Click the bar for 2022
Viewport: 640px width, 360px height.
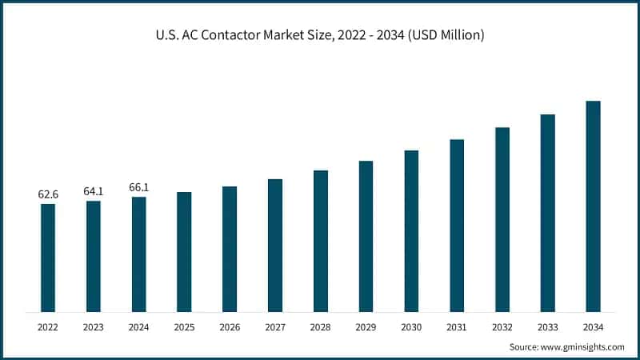click(48, 258)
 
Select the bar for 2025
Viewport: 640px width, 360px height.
click(184, 252)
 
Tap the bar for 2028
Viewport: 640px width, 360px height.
click(321, 241)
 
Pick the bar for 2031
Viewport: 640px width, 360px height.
click(457, 226)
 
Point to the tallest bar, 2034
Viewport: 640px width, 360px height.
click(593, 206)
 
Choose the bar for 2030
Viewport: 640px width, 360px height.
click(411, 230)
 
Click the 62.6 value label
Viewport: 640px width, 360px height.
click(48, 194)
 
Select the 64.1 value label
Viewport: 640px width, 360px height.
click(94, 191)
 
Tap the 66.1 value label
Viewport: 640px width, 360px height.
click(139, 187)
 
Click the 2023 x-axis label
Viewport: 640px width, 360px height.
click(94, 327)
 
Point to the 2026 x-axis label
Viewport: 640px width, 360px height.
click(230, 327)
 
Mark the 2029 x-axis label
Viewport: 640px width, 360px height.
click(366, 327)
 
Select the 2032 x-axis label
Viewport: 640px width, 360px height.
click(502, 327)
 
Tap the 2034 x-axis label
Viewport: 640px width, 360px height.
click(593, 327)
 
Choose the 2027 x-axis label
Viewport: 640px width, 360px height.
click(275, 327)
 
